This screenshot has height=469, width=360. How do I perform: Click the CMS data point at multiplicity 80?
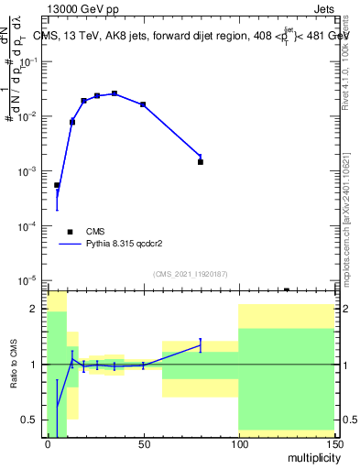coord(200,161)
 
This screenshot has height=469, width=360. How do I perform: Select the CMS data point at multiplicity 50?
coord(143,104)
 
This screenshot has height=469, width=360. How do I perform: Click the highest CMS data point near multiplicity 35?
coord(115,93)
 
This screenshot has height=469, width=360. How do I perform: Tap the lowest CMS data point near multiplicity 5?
coord(57,185)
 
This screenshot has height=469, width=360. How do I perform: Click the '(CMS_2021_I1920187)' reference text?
coord(190,273)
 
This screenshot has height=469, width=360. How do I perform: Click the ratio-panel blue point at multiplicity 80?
coord(200,345)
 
